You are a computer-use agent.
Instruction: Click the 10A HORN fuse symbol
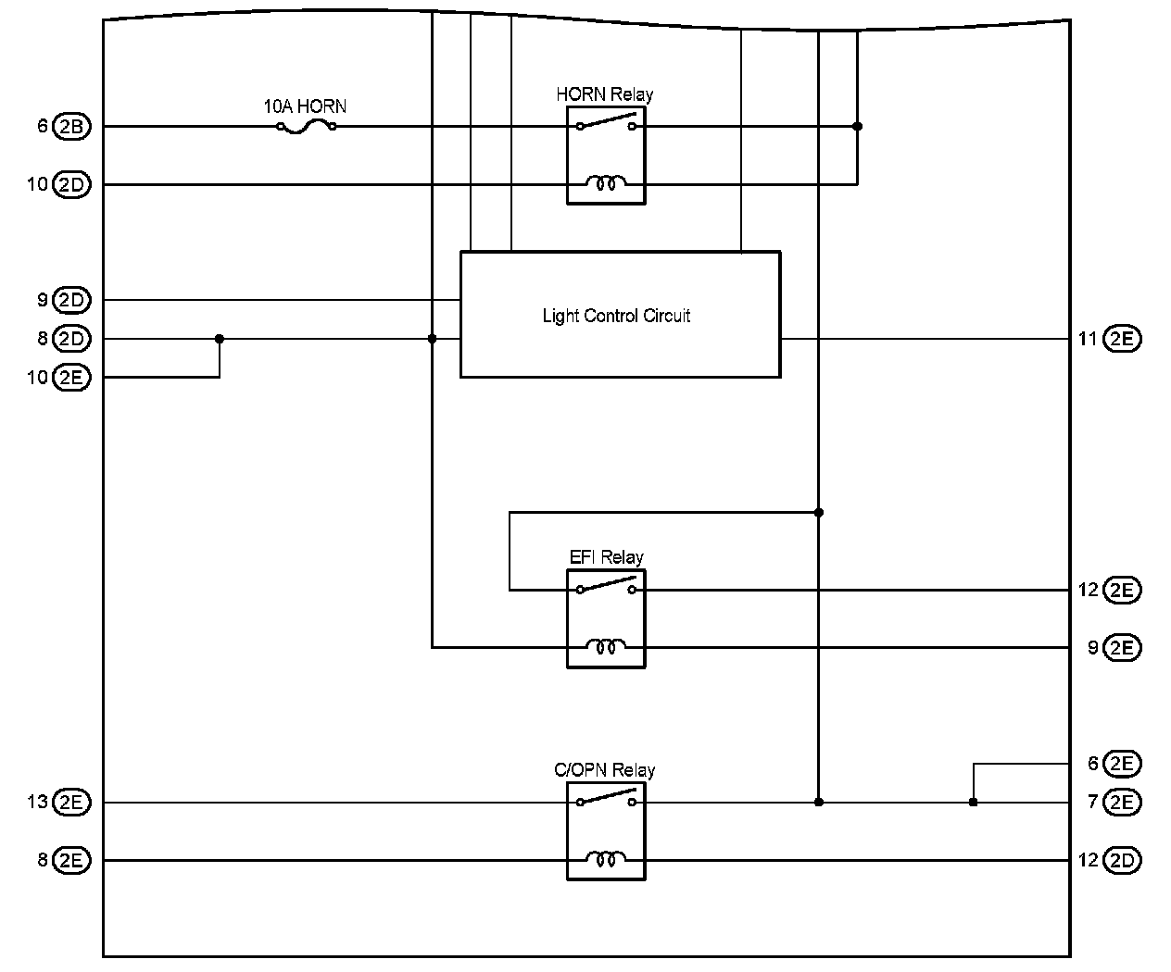(x=306, y=127)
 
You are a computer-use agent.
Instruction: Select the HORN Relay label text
(x=604, y=94)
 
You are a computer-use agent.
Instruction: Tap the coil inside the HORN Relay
(x=606, y=184)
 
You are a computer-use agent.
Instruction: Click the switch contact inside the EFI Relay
(x=607, y=585)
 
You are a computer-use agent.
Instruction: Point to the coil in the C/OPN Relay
(x=606, y=860)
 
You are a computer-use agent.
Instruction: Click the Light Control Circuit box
(x=620, y=315)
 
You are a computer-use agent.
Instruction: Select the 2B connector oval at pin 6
(x=72, y=127)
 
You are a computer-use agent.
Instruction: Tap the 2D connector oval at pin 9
(x=72, y=300)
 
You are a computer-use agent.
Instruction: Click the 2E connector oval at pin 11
(x=1122, y=339)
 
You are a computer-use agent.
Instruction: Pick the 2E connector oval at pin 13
(x=72, y=802)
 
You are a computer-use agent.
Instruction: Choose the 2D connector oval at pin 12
(x=1122, y=860)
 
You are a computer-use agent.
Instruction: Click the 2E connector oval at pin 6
(x=1122, y=764)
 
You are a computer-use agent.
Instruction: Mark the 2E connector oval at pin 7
(x=1122, y=802)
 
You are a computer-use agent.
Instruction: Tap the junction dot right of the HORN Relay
(x=857, y=126)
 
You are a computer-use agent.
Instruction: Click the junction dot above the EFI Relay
(x=818, y=512)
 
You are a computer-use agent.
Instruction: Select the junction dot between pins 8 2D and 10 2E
(x=220, y=339)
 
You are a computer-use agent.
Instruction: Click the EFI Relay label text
(x=606, y=557)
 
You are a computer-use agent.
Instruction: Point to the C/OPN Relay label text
(x=604, y=770)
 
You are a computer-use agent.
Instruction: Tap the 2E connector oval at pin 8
(x=72, y=860)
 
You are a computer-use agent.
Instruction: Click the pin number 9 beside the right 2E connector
(x=1093, y=647)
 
